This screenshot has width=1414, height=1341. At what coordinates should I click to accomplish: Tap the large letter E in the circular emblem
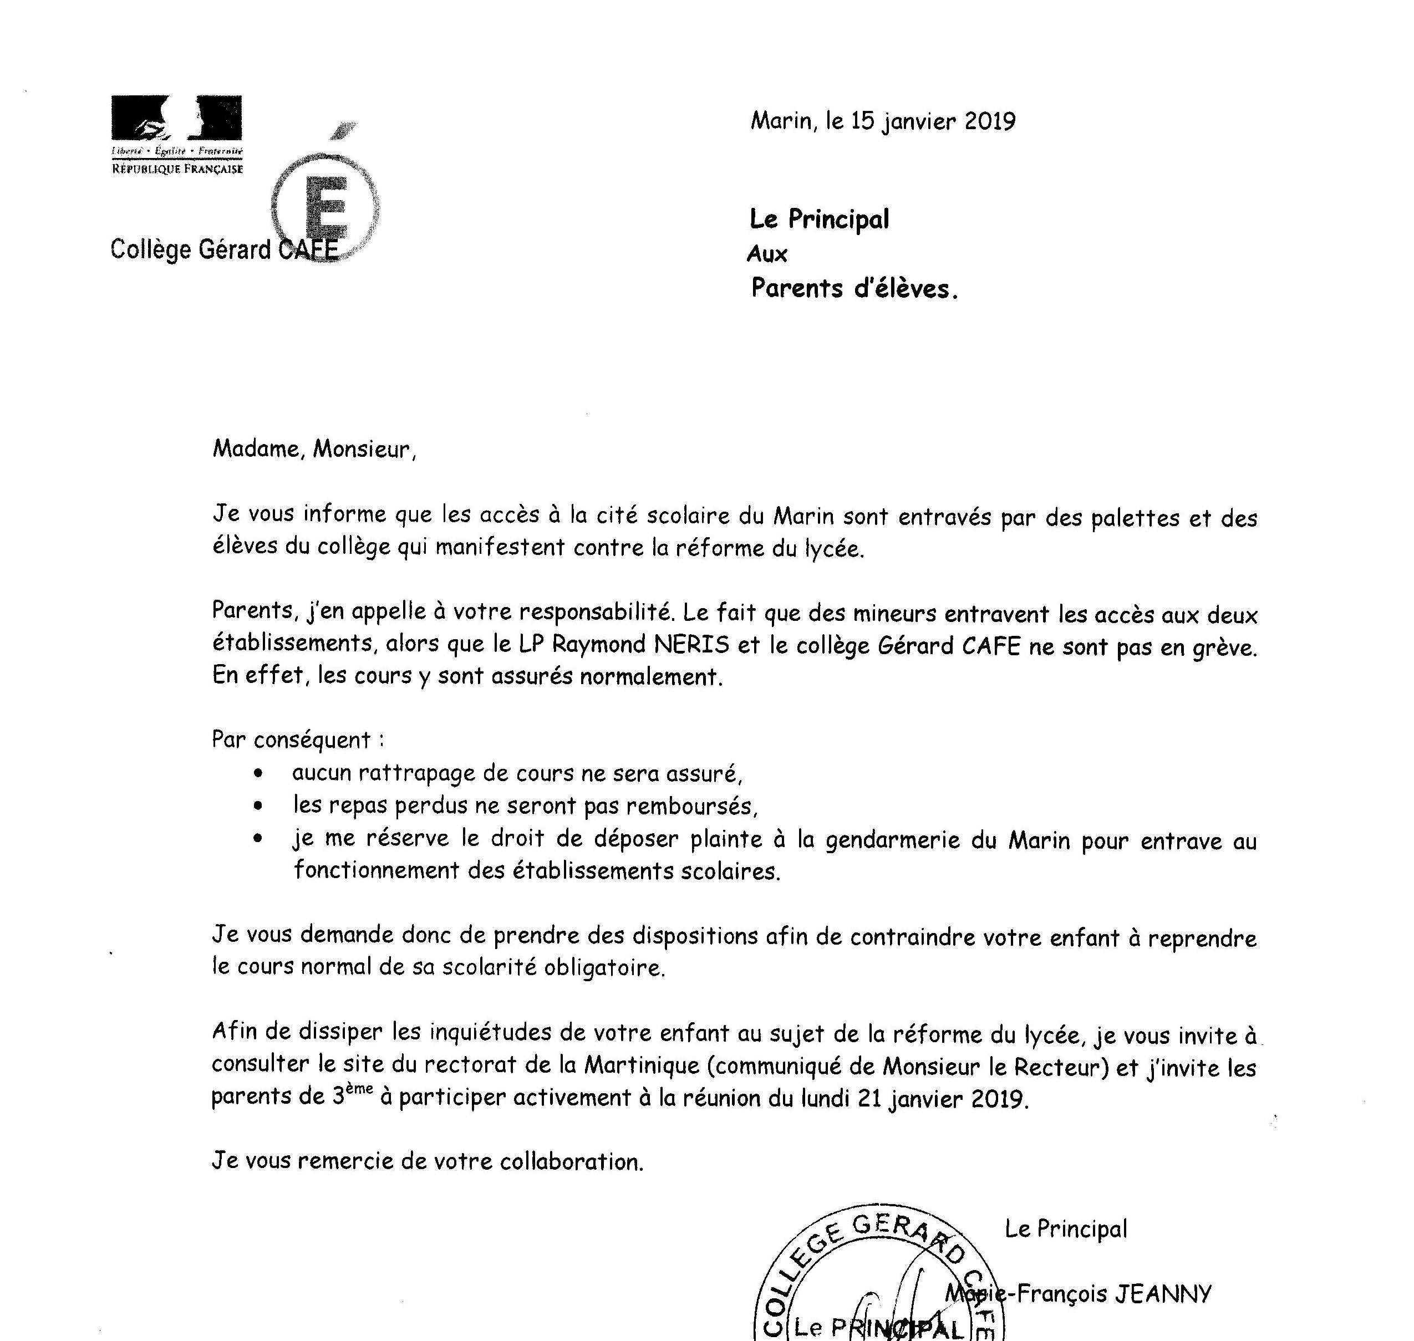click(326, 207)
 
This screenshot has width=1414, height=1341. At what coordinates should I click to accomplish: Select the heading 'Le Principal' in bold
click(818, 219)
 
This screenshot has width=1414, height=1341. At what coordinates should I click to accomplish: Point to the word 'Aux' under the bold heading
click(767, 254)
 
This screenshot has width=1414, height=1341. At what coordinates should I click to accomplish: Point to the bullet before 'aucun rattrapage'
click(258, 773)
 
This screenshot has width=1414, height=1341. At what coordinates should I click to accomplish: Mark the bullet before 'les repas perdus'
click(258, 805)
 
